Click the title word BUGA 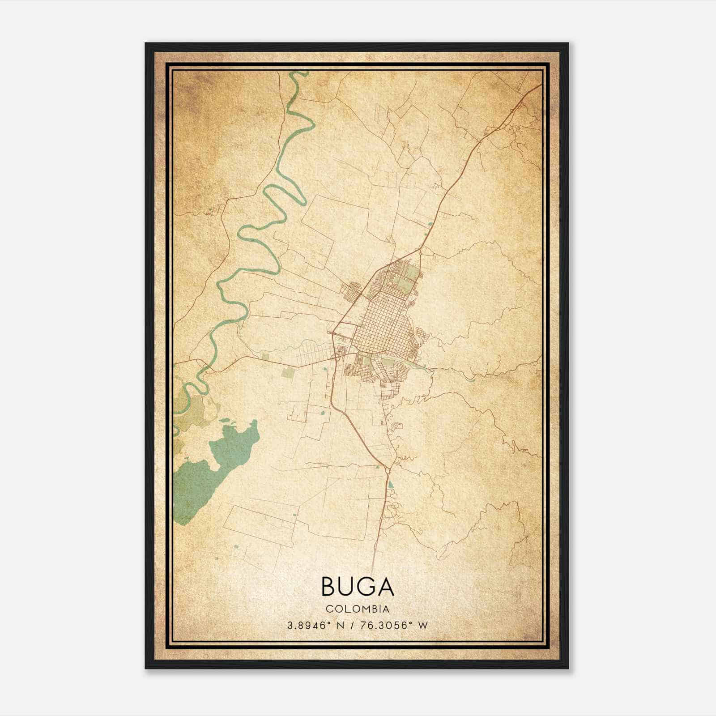(358, 587)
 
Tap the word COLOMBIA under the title (358, 609)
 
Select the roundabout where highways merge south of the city (387, 469)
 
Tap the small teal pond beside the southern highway (391, 484)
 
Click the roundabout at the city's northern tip (421, 252)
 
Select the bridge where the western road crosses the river (207, 367)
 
